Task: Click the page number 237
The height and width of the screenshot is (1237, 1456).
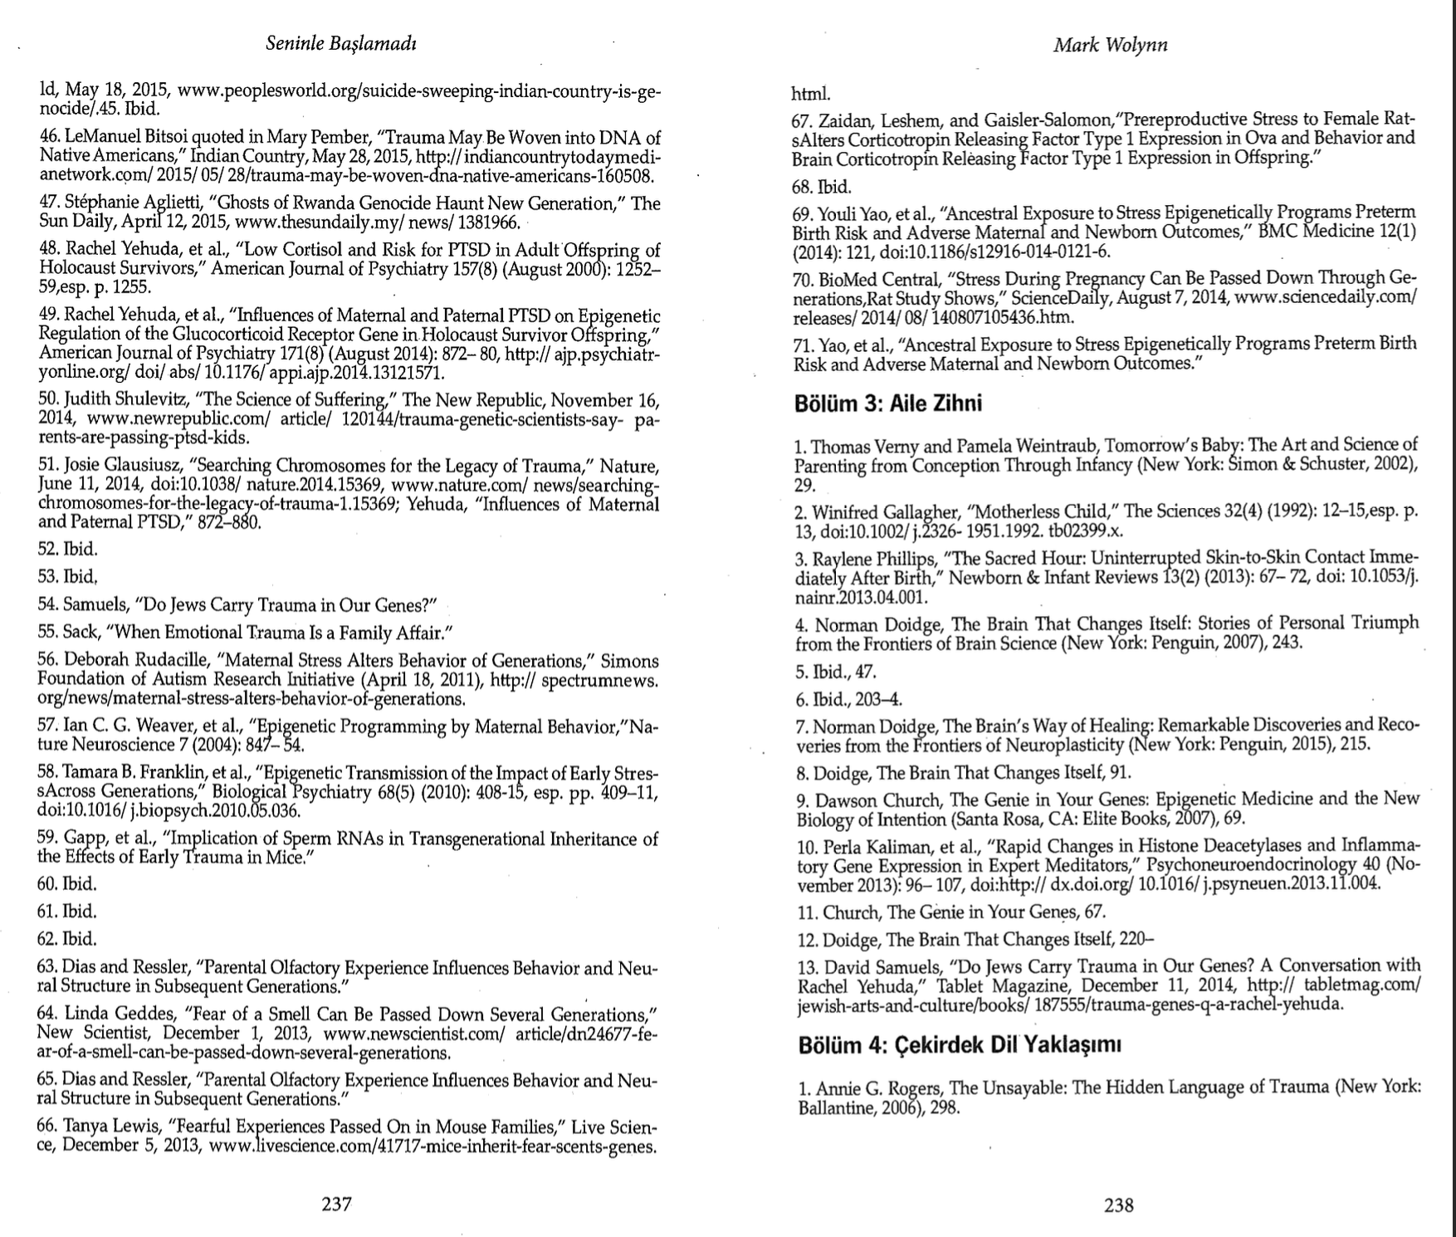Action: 336,1204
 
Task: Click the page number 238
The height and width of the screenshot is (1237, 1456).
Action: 1118,1205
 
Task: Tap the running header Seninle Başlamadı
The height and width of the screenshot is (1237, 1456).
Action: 340,44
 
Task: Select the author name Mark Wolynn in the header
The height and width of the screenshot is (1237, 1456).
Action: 1111,45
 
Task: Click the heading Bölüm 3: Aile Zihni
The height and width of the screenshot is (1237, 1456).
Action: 887,404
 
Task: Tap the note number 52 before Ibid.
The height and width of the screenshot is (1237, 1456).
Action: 47,549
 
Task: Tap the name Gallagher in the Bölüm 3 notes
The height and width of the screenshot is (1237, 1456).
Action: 905,511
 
